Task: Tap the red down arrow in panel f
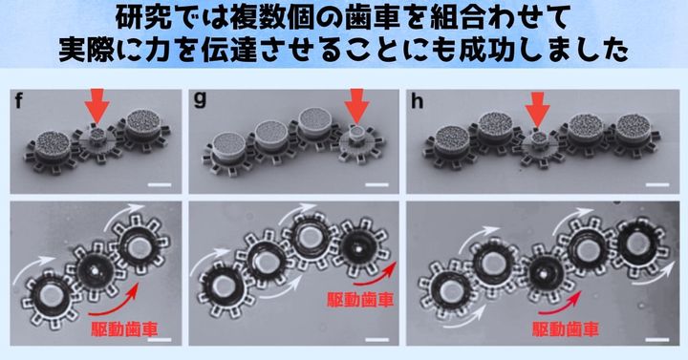(x=95, y=103)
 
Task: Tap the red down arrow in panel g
(x=357, y=103)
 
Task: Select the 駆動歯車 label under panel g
(x=359, y=300)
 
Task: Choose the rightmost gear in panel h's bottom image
(x=634, y=243)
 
